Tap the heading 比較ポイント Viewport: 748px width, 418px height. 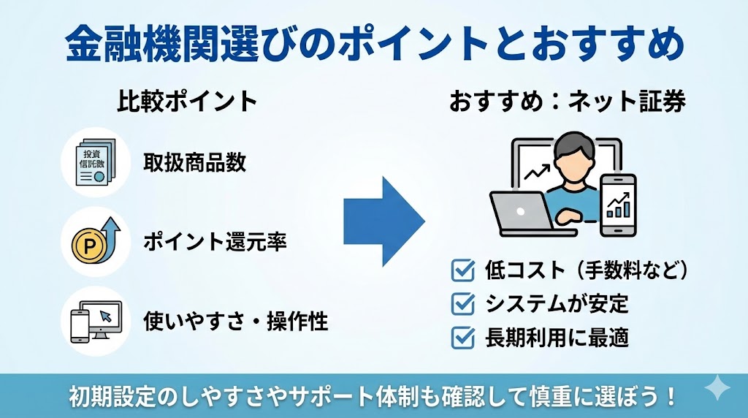[x=187, y=101]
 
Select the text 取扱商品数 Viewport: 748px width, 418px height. [x=194, y=162]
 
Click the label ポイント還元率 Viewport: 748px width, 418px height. [x=215, y=241]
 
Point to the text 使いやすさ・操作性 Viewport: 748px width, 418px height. [x=236, y=321]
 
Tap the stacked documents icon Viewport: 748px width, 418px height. [x=96, y=162]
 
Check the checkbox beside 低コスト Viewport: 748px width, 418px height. [x=462, y=270]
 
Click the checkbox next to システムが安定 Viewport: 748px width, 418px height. [x=462, y=304]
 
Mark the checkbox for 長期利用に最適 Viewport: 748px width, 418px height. [x=462, y=338]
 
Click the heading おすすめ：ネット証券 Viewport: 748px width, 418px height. [x=567, y=101]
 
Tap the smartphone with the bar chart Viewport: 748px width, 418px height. [x=618, y=205]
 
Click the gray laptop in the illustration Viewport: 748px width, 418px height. [x=530, y=214]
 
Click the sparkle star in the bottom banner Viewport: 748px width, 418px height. [x=717, y=388]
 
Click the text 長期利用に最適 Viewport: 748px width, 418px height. [x=557, y=338]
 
